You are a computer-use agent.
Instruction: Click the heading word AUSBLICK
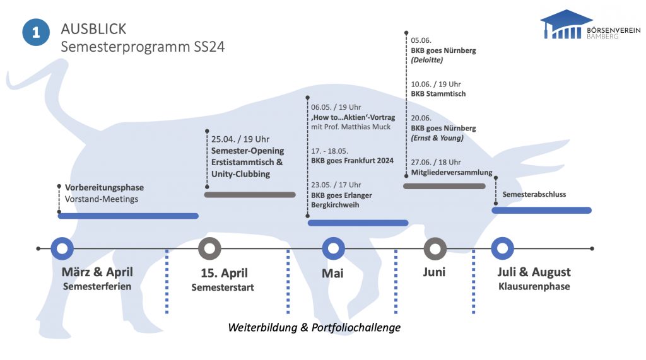(93, 29)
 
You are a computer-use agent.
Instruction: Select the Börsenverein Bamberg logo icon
(566, 25)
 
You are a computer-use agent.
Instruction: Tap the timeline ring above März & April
(61, 248)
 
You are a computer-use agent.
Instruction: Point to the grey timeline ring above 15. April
(209, 248)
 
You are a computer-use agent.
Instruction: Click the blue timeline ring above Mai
(333, 248)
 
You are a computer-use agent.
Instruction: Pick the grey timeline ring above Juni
(435, 248)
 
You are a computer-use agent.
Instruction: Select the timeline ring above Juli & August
(502, 248)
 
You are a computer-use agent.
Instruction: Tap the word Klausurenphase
(534, 287)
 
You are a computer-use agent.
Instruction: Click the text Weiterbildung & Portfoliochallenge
(314, 328)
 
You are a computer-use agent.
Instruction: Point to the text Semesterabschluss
(534, 195)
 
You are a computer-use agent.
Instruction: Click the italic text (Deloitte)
(428, 61)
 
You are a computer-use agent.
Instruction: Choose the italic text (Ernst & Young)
(437, 138)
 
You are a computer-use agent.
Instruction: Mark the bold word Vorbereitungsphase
(105, 187)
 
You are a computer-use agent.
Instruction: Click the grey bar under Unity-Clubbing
(250, 195)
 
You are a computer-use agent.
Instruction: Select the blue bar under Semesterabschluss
(541, 210)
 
